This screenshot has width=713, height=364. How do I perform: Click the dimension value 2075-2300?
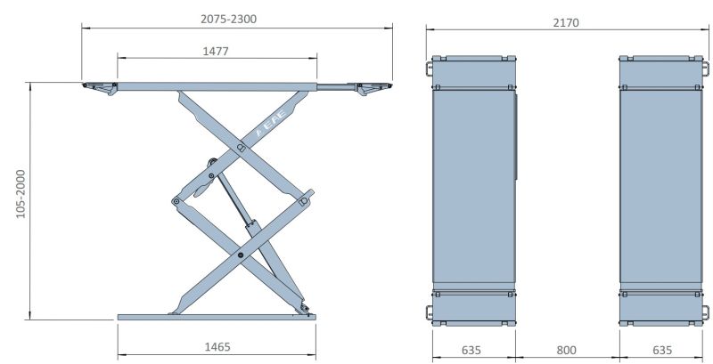229,19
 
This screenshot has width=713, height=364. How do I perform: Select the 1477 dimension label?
216,51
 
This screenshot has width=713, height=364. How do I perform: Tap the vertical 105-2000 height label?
20,194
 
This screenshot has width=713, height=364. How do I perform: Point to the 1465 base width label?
217,347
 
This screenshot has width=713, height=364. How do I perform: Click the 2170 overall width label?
566,22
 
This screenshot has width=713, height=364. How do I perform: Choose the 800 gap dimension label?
566,351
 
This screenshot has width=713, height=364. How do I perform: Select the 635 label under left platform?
471,351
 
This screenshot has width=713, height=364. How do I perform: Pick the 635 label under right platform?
662,351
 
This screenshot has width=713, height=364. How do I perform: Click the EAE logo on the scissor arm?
272,123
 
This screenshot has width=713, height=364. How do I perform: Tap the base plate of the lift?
217,317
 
